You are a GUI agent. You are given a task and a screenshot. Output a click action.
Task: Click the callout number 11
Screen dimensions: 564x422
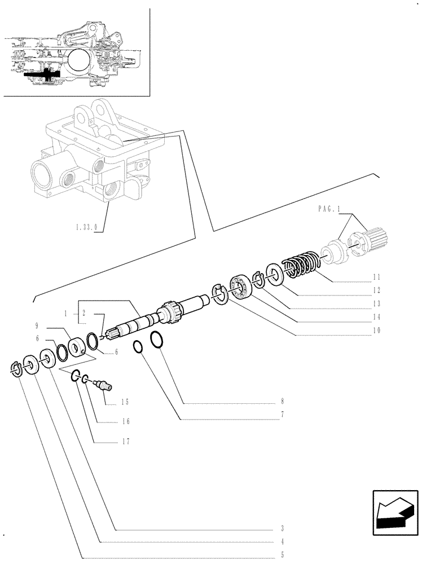coord(376,277)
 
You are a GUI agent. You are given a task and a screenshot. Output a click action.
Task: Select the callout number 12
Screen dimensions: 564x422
coord(376,290)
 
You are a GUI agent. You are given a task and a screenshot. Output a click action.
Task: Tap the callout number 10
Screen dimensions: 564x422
coord(376,331)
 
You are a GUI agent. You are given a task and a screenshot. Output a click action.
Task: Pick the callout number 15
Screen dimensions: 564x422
coord(125,402)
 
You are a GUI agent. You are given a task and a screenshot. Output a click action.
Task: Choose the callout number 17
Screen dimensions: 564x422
coord(125,442)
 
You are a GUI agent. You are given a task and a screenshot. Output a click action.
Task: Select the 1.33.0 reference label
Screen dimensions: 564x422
coord(85,228)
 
